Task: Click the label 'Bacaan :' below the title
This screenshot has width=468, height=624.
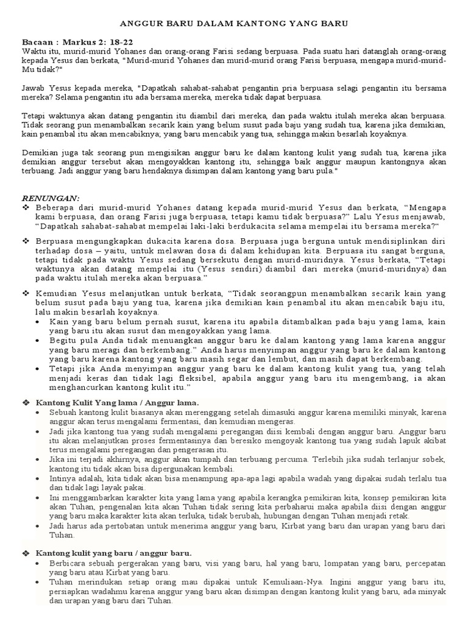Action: coord(40,42)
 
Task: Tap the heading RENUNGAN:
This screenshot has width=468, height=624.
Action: coord(51,198)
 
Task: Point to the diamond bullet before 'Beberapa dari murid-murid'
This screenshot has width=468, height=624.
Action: coord(26,208)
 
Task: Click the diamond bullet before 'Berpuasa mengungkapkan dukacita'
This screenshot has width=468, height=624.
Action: coord(26,241)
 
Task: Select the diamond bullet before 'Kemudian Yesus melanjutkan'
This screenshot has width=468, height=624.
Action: coord(26,293)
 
